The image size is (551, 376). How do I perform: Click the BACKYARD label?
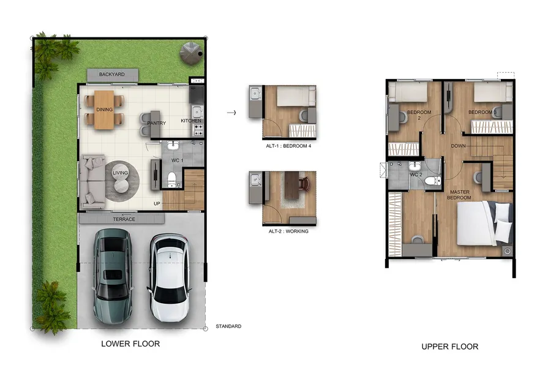click(x=112, y=75)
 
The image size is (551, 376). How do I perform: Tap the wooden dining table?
click(x=104, y=110)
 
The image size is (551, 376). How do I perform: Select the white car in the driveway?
click(x=170, y=277)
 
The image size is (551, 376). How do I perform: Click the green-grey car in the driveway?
click(x=113, y=276)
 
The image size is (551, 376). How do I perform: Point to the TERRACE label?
click(x=124, y=219)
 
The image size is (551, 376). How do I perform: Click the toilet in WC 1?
click(x=171, y=179)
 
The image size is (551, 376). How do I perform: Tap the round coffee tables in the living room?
click(x=121, y=180)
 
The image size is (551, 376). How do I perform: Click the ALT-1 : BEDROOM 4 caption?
click(x=288, y=146)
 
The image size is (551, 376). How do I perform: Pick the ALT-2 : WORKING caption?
click(x=288, y=231)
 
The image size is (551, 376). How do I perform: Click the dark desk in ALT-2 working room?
click(x=291, y=185)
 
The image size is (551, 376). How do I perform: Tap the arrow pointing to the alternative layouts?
click(x=231, y=113)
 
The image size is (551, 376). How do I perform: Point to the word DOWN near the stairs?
click(x=458, y=146)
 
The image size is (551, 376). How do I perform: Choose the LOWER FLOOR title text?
click(x=130, y=344)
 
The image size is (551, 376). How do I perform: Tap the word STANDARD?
click(x=228, y=326)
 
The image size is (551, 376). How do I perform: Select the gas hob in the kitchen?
click(x=198, y=132)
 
